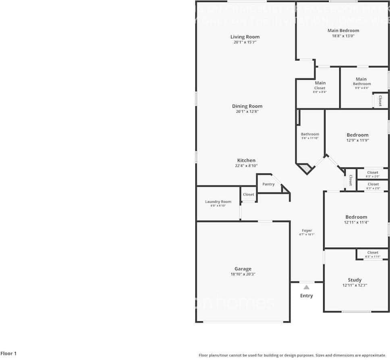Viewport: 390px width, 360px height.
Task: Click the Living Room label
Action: tap(245, 37)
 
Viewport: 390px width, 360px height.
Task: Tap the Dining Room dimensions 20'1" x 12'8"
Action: tap(247, 112)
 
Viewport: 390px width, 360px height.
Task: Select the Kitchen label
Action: tap(246, 160)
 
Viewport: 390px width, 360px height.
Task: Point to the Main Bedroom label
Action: tap(343, 31)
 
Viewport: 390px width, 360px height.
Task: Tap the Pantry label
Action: tap(268, 184)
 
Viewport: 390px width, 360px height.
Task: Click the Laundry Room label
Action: tap(218, 202)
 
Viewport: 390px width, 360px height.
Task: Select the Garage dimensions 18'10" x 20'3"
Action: tap(243, 275)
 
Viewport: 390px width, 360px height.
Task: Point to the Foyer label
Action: tap(307, 231)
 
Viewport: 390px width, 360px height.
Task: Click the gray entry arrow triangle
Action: tap(307, 287)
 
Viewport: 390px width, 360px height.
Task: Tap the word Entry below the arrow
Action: tap(307, 296)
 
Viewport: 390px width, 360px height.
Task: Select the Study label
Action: tap(355, 280)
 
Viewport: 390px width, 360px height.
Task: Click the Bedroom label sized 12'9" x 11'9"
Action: tap(357, 135)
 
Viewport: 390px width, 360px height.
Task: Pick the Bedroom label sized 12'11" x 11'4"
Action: tap(356, 217)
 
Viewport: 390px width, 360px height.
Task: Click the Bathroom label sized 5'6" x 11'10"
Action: tap(310, 134)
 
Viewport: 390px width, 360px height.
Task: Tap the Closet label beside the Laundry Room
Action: tap(249, 194)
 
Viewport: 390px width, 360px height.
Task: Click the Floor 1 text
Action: tap(8, 354)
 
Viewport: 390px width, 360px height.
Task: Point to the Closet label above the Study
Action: tap(373, 253)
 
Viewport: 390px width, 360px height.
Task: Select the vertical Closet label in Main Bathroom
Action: tap(380, 100)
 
